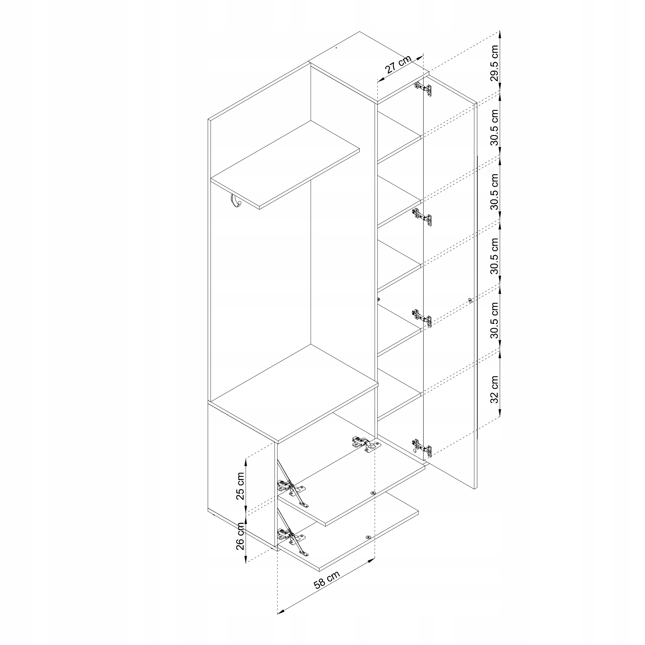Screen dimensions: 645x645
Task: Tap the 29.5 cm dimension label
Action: point(494,63)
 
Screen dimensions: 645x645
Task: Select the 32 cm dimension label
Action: point(494,389)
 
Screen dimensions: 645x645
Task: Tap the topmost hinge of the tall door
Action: point(423,89)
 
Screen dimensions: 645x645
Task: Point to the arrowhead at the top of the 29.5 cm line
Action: point(500,34)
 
